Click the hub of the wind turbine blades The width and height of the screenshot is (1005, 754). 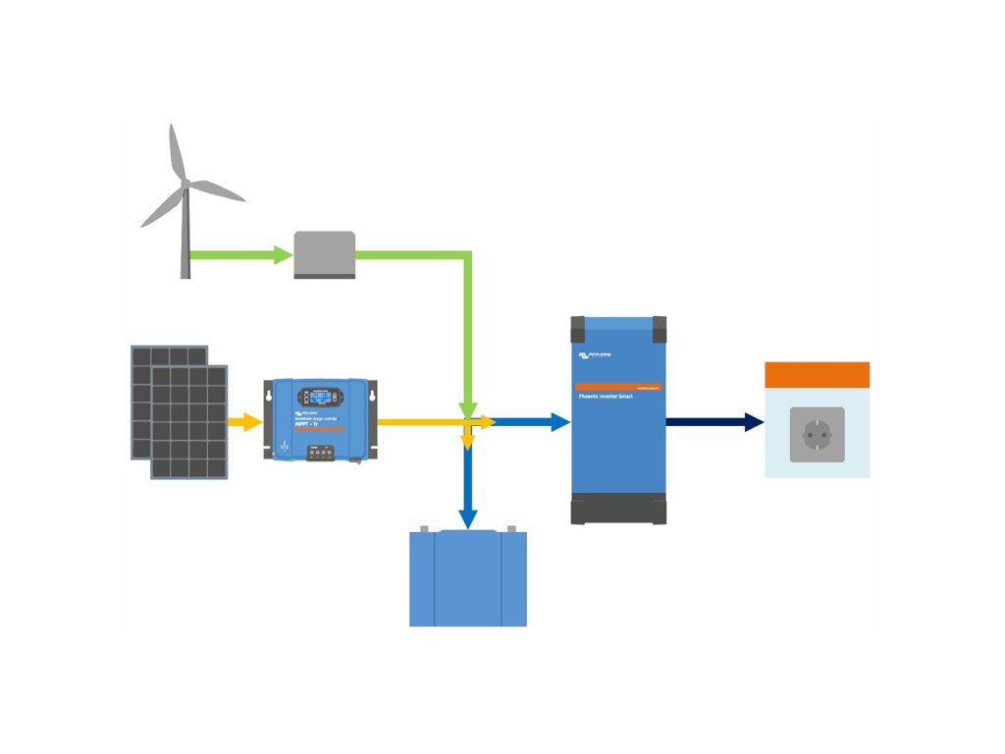coord(185,184)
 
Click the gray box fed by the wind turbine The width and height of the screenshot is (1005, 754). coord(325,254)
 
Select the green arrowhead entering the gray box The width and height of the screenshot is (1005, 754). coord(284,255)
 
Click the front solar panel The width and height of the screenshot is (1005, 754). coord(189,422)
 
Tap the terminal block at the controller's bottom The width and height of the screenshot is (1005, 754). coord(325,454)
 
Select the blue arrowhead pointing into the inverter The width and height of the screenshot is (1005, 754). coord(559,422)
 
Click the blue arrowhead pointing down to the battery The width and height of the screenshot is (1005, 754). coord(468,518)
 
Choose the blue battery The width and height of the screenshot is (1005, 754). coord(468,579)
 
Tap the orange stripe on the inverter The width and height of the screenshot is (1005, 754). coord(618,387)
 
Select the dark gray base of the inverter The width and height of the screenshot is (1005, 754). coord(618,509)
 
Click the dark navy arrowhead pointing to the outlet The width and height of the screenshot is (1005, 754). coord(754,422)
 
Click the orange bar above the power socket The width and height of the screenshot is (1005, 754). coord(818,374)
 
